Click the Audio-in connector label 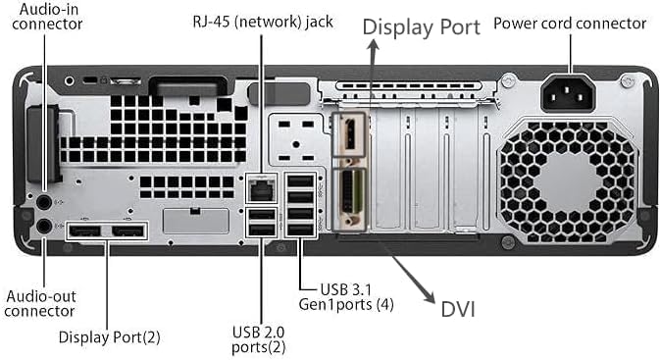pos(47,17)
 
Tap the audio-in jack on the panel pos(44,202)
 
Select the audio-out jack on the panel pos(44,227)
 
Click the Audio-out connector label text pos(41,303)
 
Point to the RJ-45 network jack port pos(261,189)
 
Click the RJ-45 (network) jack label pos(263,22)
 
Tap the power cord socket pos(568,93)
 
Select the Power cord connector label pos(570,24)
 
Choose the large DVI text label pos(458,309)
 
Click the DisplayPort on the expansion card pos(349,134)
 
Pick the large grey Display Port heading pos(421,27)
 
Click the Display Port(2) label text pos(110,337)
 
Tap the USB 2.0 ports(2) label pos(259,339)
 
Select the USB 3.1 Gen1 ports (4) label pos(346,297)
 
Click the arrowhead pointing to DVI pos(429,296)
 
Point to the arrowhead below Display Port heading pos(372,45)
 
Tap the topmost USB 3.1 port pos(300,181)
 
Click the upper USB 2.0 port pos(261,214)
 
